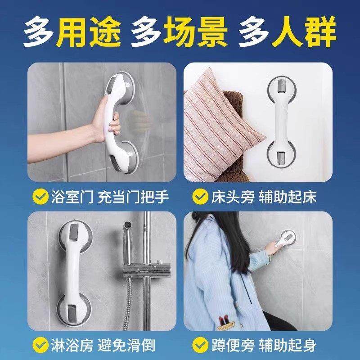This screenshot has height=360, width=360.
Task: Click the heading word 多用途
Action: click(x=72, y=33)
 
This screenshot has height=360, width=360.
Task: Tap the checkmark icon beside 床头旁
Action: click(x=200, y=197)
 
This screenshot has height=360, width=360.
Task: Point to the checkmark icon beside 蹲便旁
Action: click(x=200, y=345)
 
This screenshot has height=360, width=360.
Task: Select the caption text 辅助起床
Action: click(x=288, y=197)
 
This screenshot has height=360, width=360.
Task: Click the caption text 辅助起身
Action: click(x=288, y=345)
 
